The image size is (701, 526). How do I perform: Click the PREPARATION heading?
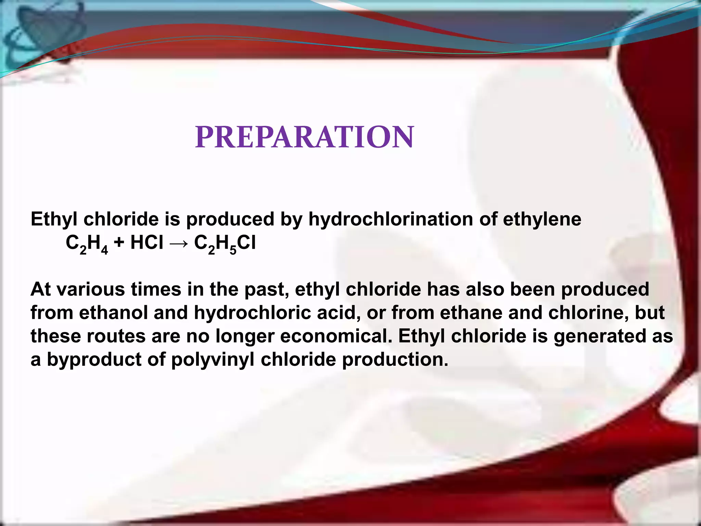point(304,137)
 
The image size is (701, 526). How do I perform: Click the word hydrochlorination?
point(391,219)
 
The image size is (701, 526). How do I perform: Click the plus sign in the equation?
point(119,243)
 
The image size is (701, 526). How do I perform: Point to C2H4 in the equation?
point(87,244)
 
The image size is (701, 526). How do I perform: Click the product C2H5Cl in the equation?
point(225,244)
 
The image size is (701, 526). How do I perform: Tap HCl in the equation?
point(147,243)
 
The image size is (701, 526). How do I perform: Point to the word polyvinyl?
point(213,360)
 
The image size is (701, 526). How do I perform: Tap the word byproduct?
point(94,360)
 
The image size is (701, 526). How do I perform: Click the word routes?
point(116,336)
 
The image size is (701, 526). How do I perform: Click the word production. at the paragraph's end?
point(395,360)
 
